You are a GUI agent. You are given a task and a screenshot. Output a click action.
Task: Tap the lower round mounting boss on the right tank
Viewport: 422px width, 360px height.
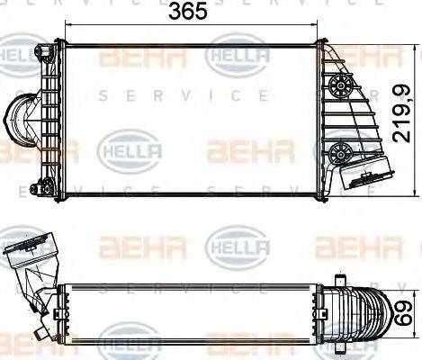coord(340,149)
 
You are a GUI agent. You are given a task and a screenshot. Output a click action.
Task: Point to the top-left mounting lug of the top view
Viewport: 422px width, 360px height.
coord(40,50)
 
